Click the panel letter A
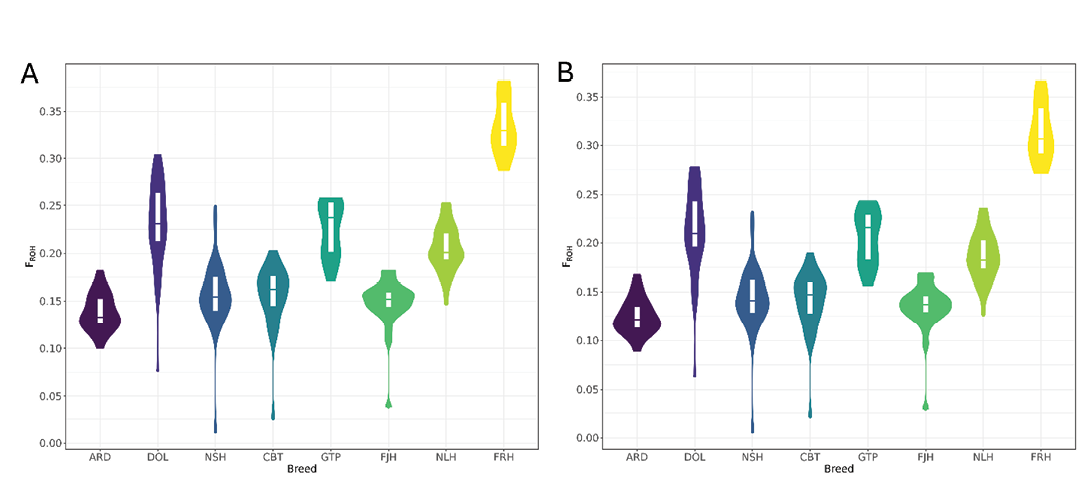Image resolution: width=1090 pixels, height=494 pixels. point(31,74)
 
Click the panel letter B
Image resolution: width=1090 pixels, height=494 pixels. point(566,72)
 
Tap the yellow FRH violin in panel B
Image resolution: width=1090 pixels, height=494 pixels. point(1041,130)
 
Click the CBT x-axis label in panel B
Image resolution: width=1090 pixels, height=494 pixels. point(810,457)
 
